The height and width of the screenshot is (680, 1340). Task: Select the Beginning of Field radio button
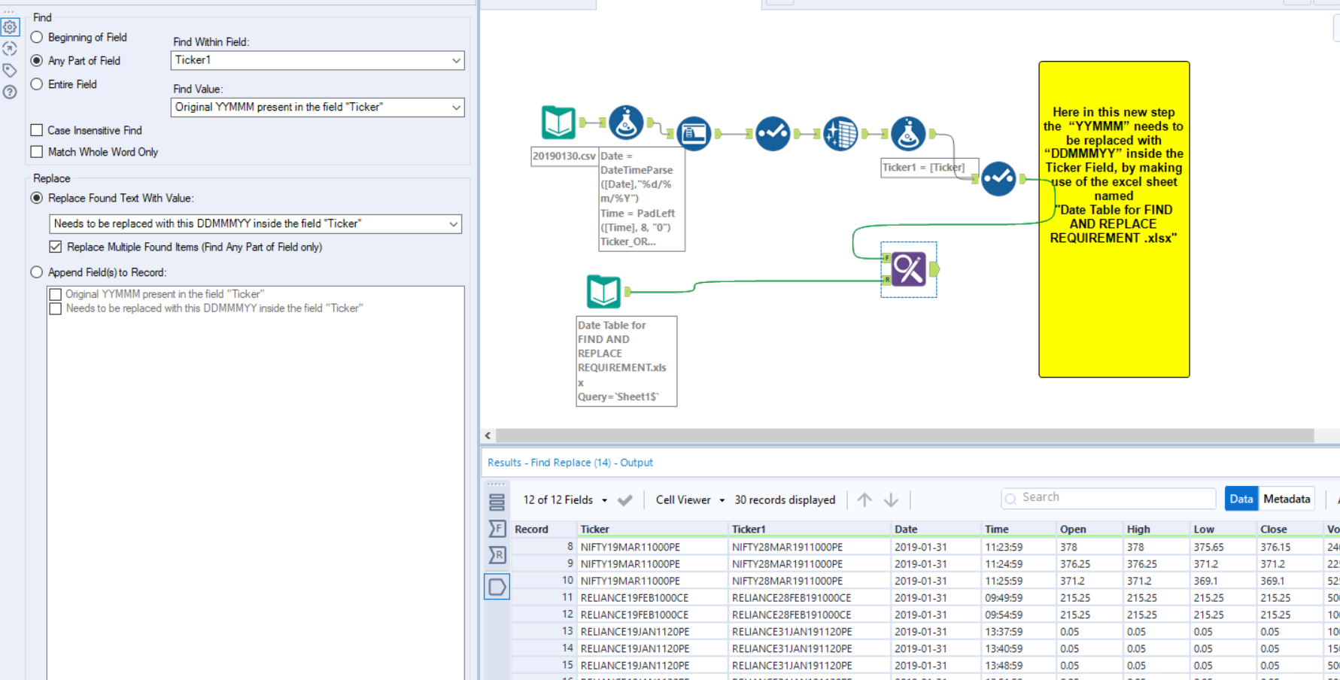tap(37, 38)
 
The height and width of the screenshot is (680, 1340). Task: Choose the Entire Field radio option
tap(37, 84)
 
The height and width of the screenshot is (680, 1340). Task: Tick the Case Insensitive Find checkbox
tap(37, 130)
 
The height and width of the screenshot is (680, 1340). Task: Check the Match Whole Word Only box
tap(37, 152)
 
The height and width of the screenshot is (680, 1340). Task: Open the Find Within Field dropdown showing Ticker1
tap(317, 60)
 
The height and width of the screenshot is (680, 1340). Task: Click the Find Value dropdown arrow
tap(456, 108)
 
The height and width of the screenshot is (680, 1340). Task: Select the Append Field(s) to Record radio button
tap(37, 272)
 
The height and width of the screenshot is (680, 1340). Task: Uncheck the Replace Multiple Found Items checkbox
tap(56, 247)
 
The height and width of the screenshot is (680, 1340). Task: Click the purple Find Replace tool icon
tap(908, 269)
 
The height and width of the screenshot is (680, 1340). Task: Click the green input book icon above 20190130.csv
tap(558, 123)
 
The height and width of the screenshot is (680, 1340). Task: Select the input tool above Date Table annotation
tap(603, 292)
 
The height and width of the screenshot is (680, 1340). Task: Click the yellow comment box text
tap(1114, 175)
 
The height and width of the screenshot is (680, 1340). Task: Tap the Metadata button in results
tap(1287, 499)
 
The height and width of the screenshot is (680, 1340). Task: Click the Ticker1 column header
tap(749, 529)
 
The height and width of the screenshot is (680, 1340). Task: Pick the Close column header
tap(1274, 529)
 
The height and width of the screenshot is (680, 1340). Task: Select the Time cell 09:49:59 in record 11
tap(1004, 598)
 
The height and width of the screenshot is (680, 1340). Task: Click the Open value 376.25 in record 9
tap(1075, 564)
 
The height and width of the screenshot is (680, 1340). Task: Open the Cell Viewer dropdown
tap(690, 500)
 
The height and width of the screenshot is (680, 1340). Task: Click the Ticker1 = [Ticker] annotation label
tap(923, 168)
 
